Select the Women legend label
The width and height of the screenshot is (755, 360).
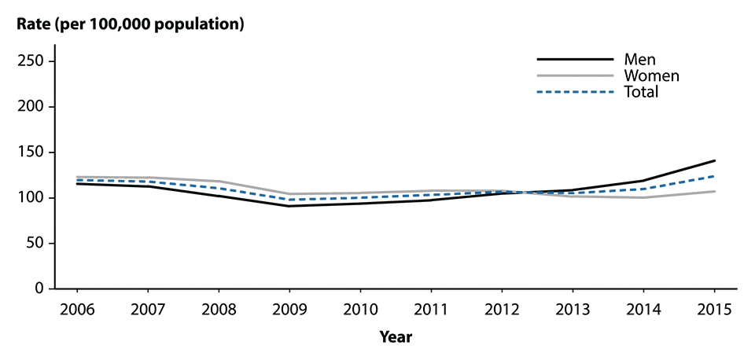(x=651, y=75)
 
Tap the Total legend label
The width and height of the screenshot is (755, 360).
(x=641, y=92)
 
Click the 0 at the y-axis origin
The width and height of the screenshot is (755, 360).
(x=42, y=289)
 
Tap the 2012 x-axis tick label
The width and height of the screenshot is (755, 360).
(x=503, y=310)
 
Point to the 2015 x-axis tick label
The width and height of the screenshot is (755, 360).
(x=715, y=310)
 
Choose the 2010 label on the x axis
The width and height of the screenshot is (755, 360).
(x=363, y=310)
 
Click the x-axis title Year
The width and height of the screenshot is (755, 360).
(x=396, y=337)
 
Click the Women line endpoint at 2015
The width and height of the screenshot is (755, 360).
(x=715, y=191)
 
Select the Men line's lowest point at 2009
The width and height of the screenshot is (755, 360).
(x=292, y=206)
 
